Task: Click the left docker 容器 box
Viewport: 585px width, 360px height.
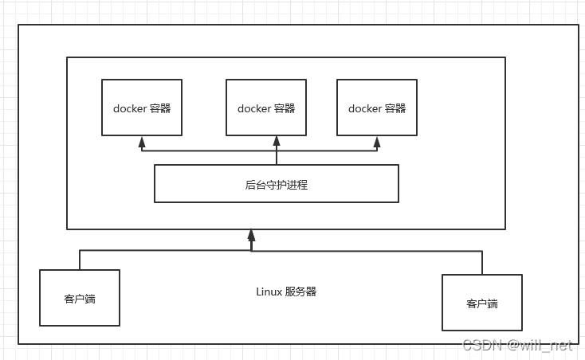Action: [x=141, y=108]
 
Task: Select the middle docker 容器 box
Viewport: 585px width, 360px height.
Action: [x=266, y=108]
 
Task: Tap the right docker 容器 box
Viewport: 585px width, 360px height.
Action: [x=376, y=108]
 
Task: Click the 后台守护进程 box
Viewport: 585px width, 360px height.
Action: [x=276, y=184]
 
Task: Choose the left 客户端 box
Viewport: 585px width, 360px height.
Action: [x=80, y=298]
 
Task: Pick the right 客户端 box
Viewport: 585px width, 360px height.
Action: [x=482, y=303]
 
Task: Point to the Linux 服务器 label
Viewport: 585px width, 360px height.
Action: [x=286, y=292]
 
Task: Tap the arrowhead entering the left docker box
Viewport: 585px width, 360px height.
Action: [x=142, y=141]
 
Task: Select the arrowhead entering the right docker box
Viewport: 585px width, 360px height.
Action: [x=377, y=141]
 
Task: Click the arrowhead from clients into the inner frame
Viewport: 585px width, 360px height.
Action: [x=251, y=235]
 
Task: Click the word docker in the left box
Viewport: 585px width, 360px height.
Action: [x=129, y=108]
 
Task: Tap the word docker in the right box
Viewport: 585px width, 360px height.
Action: [x=364, y=108]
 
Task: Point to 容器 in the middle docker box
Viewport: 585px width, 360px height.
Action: [x=285, y=108]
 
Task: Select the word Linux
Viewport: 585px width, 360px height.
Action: [x=269, y=292]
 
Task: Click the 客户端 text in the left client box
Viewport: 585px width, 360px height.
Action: [x=80, y=299]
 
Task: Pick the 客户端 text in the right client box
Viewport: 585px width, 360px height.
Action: [x=482, y=303]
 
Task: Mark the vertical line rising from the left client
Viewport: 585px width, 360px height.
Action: [x=80, y=260]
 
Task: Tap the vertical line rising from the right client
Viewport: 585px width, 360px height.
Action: [x=482, y=263]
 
